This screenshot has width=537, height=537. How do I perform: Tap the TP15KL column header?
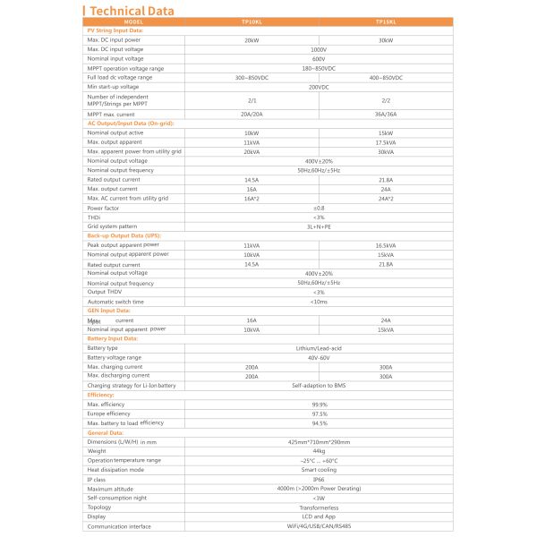click(x=386, y=21)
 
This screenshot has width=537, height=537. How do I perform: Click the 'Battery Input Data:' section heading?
click(x=112, y=339)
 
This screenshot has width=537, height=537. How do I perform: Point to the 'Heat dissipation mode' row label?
click(x=115, y=470)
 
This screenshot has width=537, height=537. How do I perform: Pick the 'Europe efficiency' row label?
click(x=108, y=413)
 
